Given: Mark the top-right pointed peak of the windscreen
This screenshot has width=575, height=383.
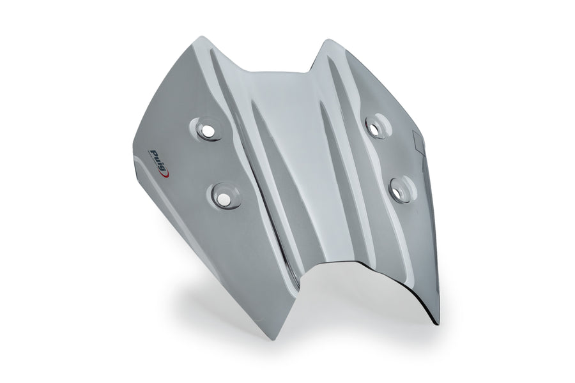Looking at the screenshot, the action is click(326, 40).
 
